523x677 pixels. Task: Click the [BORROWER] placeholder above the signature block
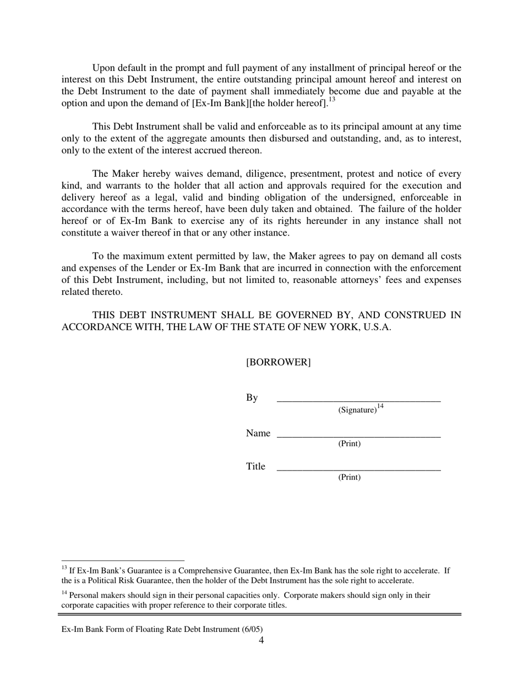coord(278,362)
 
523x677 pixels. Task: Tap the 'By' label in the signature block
coord(252,398)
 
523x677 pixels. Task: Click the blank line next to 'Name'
coord(358,435)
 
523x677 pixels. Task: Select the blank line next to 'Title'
coord(358,469)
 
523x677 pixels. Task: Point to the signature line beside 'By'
coord(358,401)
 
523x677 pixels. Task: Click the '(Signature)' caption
coord(357,410)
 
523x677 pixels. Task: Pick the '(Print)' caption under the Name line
coord(349,444)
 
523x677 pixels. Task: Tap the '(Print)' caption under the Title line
coord(349,477)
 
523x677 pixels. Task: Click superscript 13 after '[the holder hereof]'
coord(332,100)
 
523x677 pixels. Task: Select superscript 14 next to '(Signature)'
coord(380,407)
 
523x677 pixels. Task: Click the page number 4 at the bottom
coord(261,640)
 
